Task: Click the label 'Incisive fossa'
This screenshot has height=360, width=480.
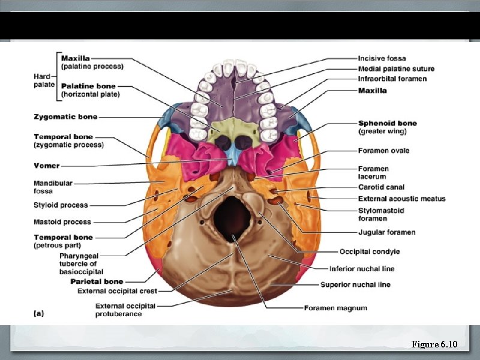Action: (382, 58)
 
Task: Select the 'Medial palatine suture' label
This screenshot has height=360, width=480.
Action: (396, 69)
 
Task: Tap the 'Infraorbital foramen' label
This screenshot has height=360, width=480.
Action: (392, 79)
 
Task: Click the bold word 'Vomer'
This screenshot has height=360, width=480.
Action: (46, 166)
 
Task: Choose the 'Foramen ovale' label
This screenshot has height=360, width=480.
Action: (383, 151)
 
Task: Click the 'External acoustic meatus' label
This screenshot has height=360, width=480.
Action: (401, 199)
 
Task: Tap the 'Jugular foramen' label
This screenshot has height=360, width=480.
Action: (386, 232)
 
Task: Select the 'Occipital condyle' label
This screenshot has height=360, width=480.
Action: (370, 251)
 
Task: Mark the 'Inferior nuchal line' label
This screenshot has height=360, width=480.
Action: (362, 269)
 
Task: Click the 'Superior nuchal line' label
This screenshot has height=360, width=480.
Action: (355, 284)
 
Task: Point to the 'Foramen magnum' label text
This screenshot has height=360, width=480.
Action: (335, 308)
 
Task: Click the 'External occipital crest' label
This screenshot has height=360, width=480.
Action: (118, 291)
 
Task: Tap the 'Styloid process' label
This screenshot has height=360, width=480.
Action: (61, 205)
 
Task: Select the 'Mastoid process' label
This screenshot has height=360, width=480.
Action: (62, 222)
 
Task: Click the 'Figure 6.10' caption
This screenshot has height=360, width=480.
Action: (434, 344)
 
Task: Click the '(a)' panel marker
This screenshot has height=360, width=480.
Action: (38, 313)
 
